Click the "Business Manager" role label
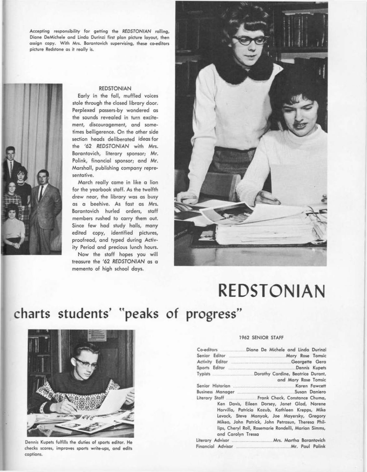point(215,392)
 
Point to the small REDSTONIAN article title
point(115,89)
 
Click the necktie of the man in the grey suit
point(41,193)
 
